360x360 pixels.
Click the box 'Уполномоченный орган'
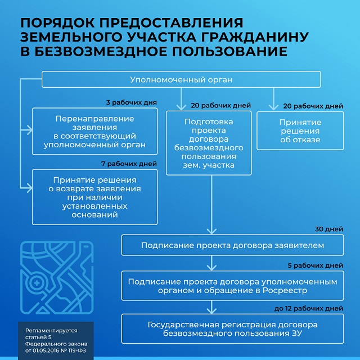(x=181, y=79)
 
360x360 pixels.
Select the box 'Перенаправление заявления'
(x=94, y=131)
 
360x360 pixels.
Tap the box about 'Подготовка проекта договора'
(x=209, y=143)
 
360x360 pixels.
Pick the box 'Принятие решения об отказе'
(x=300, y=130)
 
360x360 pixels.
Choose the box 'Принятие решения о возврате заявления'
(x=94, y=197)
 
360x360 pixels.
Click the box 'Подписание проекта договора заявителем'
(x=232, y=245)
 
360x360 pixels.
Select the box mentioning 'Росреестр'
(x=232, y=286)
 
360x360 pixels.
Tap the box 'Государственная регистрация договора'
(x=232, y=329)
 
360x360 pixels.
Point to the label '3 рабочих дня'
(x=131, y=103)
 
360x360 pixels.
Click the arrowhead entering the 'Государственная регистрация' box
(x=211, y=312)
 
